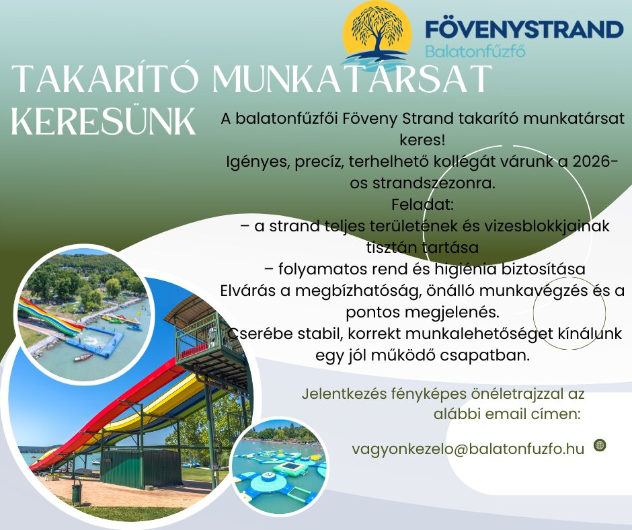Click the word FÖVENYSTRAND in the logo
click(524, 30)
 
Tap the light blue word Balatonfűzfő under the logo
click(475, 51)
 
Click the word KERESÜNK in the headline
click(104, 122)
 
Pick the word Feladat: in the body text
click(422, 204)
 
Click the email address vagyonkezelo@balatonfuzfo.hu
click(468, 449)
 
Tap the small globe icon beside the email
click(600, 445)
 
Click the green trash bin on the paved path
click(76, 490)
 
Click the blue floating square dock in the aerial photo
click(95, 341)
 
